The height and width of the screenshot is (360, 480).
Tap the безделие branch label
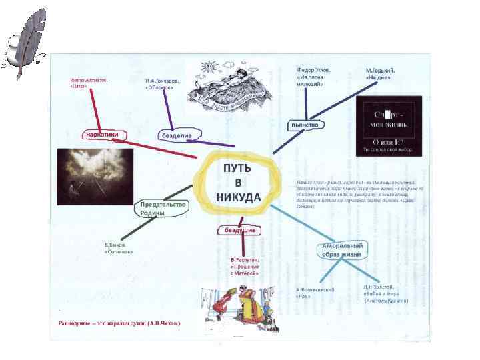[177, 135]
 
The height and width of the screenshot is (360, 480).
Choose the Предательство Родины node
[161, 209]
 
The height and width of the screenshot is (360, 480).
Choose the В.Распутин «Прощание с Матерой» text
[244, 266]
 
